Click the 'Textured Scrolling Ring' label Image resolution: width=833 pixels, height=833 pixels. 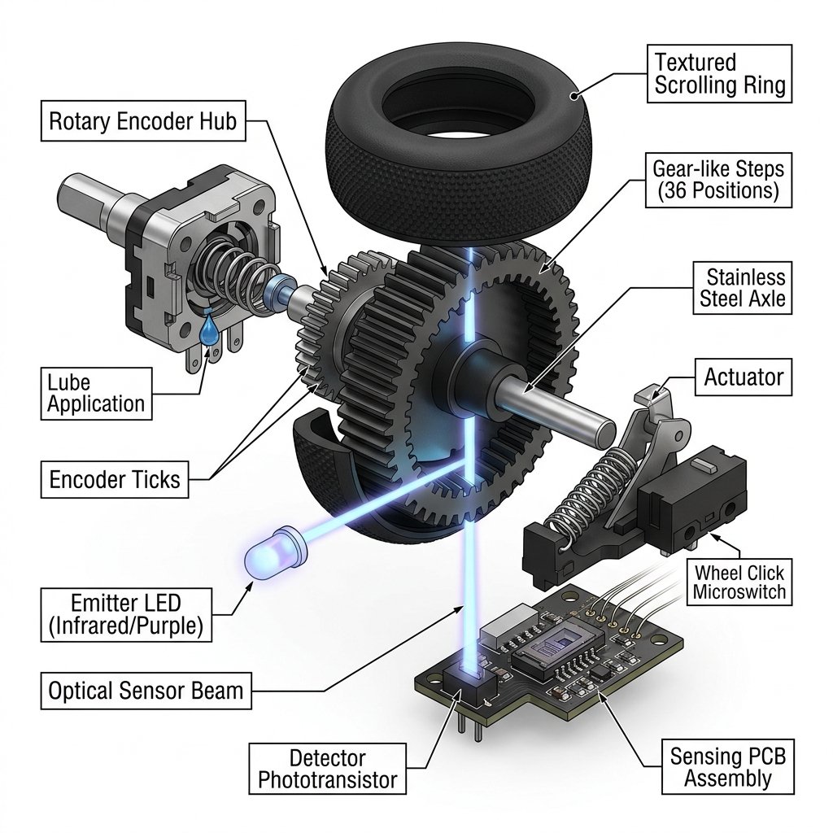click(719, 74)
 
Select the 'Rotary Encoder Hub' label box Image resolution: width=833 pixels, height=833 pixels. click(142, 122)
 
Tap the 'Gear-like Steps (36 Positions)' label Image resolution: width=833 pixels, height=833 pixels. click(716, 180)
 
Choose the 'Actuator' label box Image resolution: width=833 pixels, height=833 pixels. click(744, 377)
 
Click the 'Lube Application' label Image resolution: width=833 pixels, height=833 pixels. click(96, 393)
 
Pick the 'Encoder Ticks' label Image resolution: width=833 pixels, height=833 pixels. click(115, 479)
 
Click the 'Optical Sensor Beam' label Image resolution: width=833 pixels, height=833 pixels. click(146, 691)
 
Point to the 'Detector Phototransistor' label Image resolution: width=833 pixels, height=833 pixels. click(327, 769)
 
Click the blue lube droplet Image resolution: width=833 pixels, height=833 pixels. click(211, 329)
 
